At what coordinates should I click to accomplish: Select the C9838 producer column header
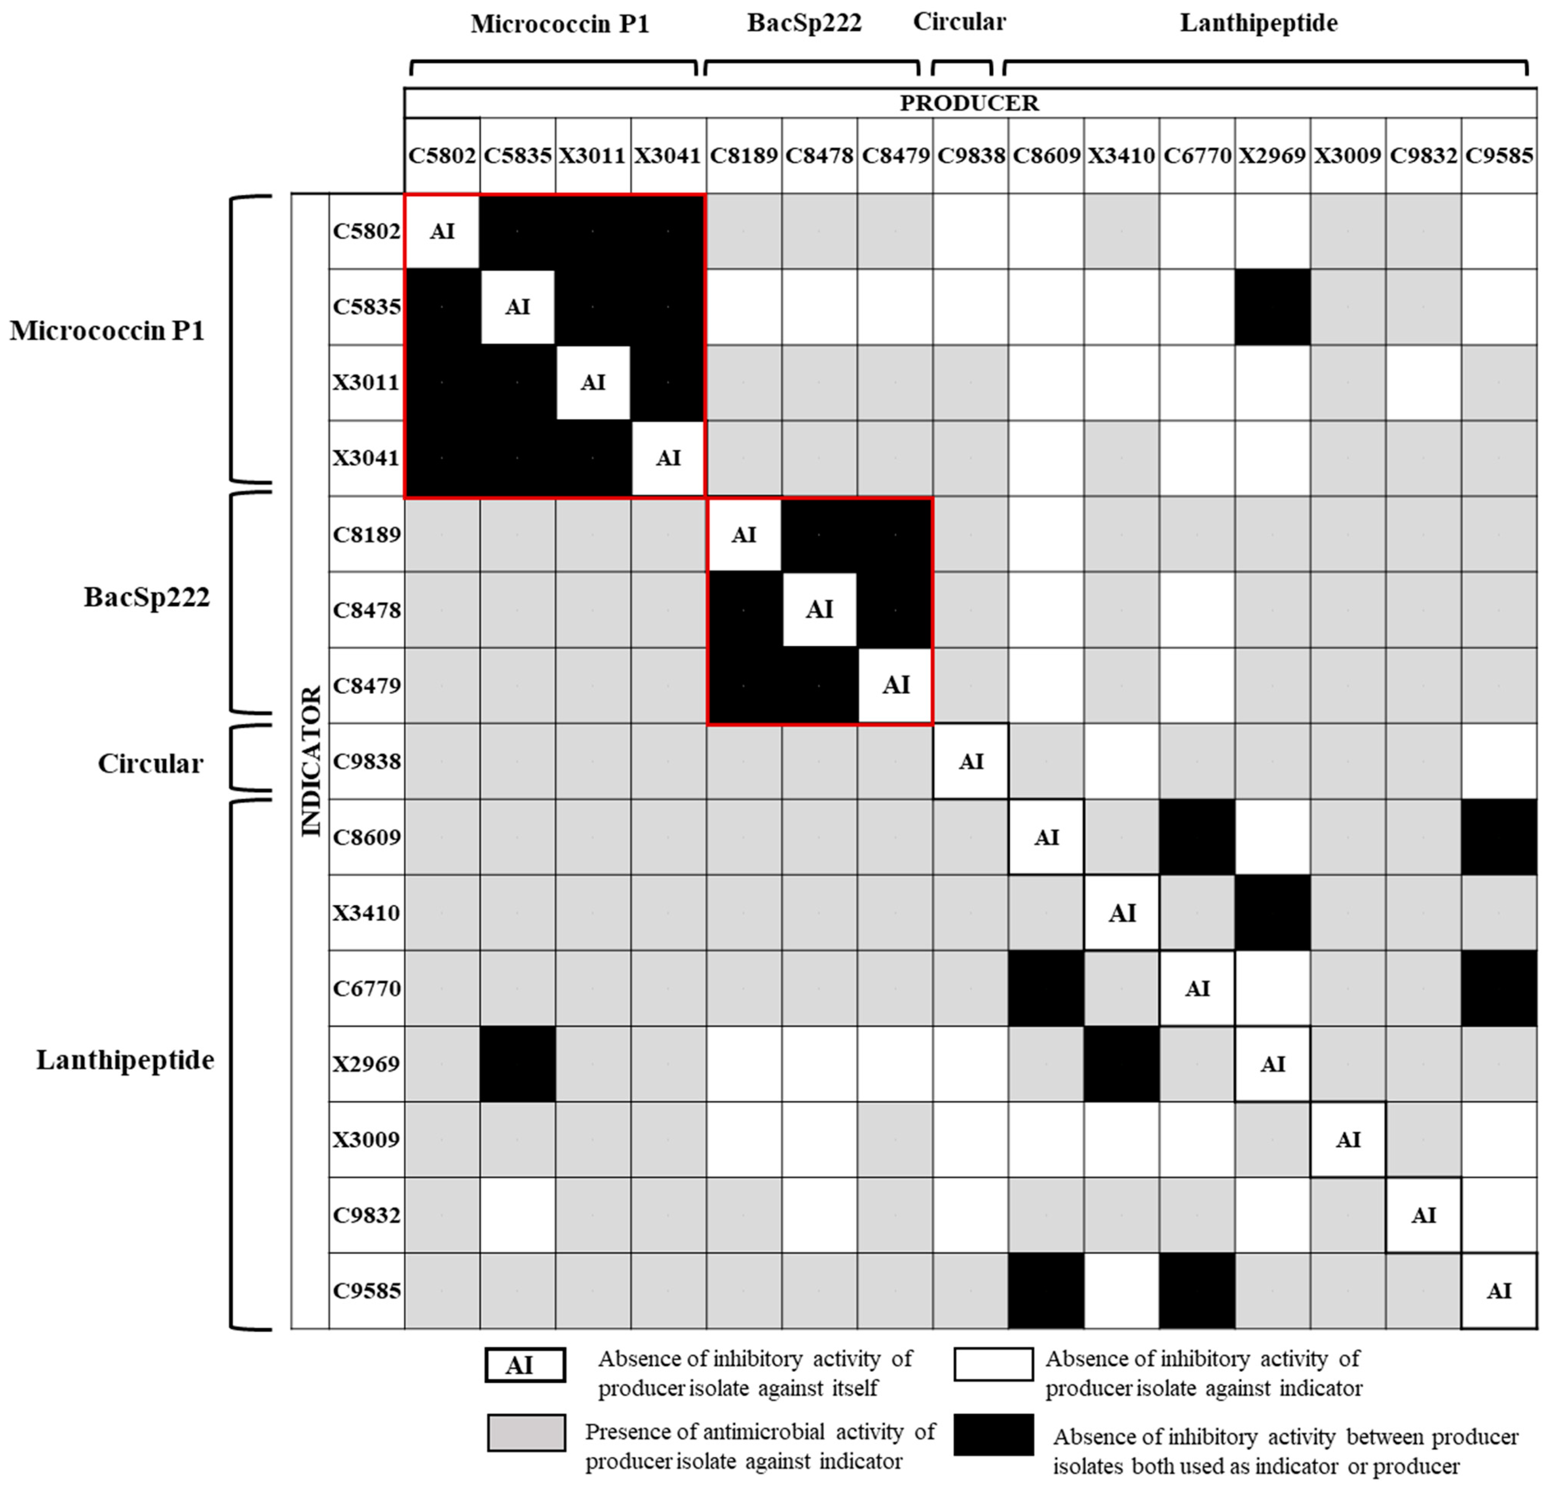[970, 156]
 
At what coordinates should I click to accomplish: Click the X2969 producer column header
[1272, 156]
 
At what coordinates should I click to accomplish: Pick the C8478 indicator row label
[366, 610]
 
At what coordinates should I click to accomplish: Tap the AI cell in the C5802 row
[442, 231]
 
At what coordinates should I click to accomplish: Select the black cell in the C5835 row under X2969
[1272, 307]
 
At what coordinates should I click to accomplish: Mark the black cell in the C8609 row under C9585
[1498, 837]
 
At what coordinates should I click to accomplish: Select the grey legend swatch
[526, 1433]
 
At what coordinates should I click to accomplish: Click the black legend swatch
[993, 1435]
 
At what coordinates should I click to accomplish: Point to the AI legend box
[525, 1365]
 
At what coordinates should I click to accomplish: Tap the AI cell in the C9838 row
[970, 761]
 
